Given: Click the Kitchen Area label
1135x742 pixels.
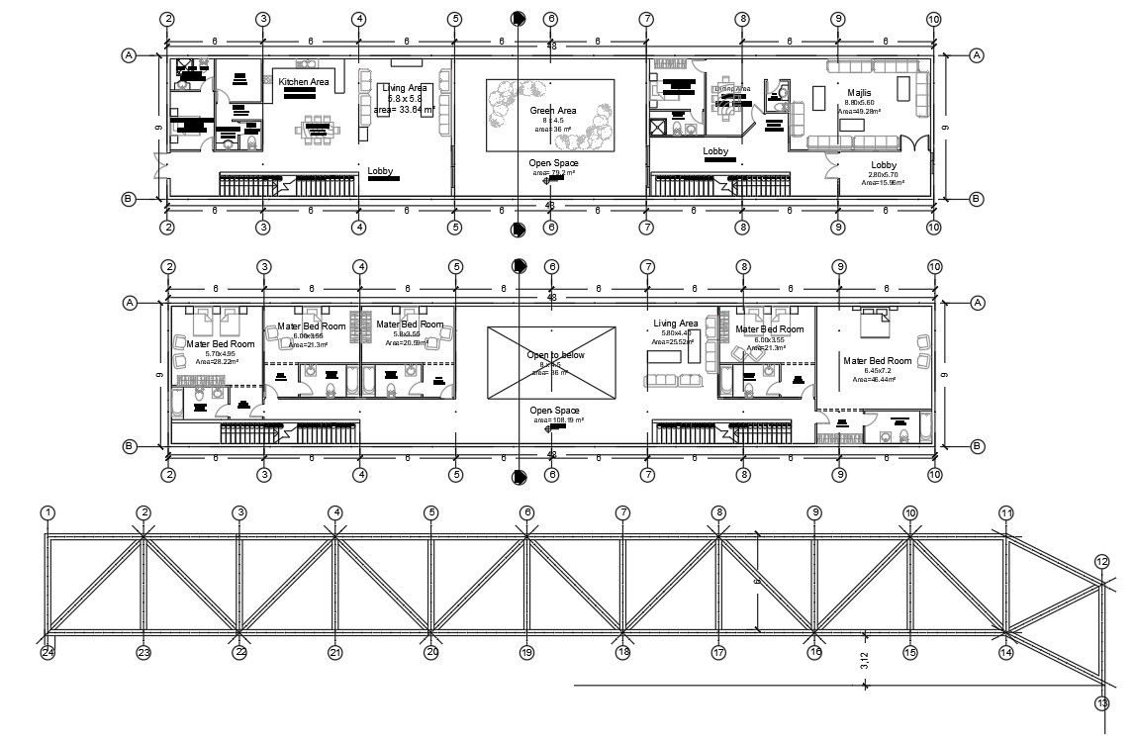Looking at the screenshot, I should click(x=303, y=82).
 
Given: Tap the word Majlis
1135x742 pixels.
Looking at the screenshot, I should click(x=858, y=65).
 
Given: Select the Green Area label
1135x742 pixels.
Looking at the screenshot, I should click(x=552, y=111).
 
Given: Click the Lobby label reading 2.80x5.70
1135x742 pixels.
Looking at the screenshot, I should click(x=884, y=165).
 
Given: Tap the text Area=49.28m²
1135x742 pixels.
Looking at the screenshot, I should click(x=858, y=112).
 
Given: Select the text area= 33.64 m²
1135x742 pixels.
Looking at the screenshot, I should click(x=404, y=110).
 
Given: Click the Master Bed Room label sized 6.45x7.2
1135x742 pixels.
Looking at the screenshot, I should click(x=877, y=361).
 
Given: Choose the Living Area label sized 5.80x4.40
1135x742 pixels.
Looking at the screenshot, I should click(x=675, y=324).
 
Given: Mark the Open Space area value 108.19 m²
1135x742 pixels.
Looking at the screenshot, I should click(x=556, y=420).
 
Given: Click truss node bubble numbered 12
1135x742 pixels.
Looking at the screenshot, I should click(x=1102, y=562).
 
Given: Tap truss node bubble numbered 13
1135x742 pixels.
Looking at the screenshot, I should click(x=1102, y=703).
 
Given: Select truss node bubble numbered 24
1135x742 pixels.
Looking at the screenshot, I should click(x=47, y=652).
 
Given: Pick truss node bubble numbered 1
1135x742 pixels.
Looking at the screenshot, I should click(x=47, y=512).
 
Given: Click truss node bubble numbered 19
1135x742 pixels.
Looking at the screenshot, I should click(x=526, y=652).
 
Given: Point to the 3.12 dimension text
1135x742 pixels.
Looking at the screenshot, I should click(x=865, y=661).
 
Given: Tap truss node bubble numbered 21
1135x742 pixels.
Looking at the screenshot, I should click(x=334, y=652).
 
